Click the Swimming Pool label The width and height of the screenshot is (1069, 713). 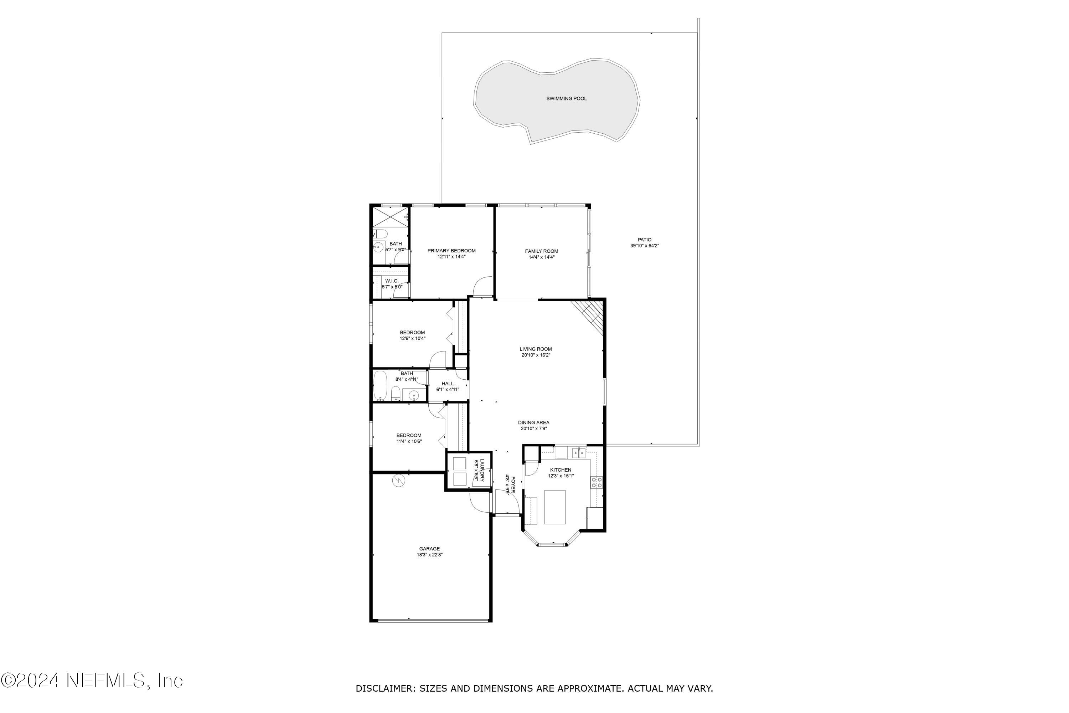[566, 99]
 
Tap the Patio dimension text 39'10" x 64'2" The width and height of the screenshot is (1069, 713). [645, 246]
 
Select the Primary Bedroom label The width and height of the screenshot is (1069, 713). [451, 251]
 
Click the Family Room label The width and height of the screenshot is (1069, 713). [541, 251]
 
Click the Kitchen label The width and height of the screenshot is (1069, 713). [561, 470]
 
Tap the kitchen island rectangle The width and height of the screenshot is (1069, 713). [554, 507]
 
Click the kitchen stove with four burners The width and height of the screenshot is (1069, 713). [596, 482]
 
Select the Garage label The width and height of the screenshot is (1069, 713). [429, 549]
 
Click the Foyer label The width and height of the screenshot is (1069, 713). [513, 485]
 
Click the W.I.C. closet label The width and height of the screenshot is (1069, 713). [392, 281]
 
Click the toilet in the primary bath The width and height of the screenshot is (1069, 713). [381, 234]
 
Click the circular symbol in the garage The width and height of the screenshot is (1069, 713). [399, 481]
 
